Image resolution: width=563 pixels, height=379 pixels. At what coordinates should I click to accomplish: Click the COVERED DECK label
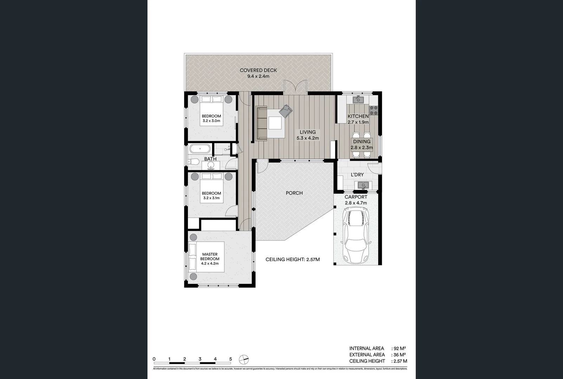258,70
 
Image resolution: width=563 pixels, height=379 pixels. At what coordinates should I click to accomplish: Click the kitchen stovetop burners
374,110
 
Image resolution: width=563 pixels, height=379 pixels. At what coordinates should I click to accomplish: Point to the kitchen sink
358,100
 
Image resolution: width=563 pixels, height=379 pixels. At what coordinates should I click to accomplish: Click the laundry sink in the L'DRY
361,185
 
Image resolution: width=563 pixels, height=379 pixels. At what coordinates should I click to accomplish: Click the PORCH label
294,193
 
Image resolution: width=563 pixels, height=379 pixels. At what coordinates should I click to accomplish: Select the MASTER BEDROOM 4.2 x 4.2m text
210,259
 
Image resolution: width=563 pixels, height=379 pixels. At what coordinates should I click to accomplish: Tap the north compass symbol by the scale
243,359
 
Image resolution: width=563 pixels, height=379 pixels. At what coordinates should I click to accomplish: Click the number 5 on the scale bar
230,359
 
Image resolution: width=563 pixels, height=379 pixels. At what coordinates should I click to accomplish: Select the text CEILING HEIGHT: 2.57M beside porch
293,260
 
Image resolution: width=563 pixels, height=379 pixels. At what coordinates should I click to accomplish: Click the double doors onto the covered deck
295,87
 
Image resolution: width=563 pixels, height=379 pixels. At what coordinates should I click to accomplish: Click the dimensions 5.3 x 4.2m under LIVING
308,138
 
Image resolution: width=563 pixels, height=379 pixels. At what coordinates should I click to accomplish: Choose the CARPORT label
356,197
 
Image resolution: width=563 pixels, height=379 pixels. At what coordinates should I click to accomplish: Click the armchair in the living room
286,111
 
